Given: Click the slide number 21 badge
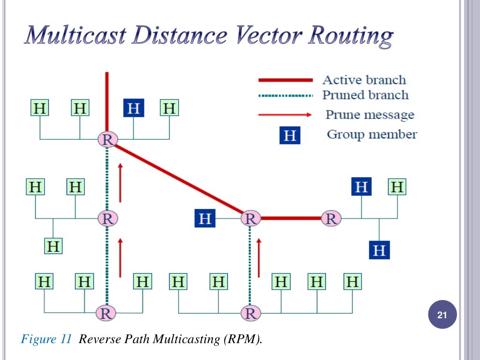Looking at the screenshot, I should pos(442,317).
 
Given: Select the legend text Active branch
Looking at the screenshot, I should pos(364,80).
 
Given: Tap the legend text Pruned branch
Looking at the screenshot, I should pos(365,95).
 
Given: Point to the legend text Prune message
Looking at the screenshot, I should pos(370,115).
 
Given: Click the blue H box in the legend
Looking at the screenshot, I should pos(290,135).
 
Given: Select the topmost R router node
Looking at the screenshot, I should pos(108,139).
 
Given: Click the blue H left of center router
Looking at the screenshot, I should pos(205,218).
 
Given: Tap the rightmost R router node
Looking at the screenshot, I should pos(331,218).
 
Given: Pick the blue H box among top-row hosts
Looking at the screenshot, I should pos(134,108).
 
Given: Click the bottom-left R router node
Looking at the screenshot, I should pos(107,313).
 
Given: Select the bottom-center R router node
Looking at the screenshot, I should pos(250,313).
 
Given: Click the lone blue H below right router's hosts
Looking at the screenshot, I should pos(379,250).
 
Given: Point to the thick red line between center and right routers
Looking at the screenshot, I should pos(291,218).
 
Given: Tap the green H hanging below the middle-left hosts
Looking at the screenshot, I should pos(53,246).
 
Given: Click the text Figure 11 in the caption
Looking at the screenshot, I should pos(46,339).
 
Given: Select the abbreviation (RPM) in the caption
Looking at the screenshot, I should pos(240,339).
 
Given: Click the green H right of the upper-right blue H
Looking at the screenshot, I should pos(397,187).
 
